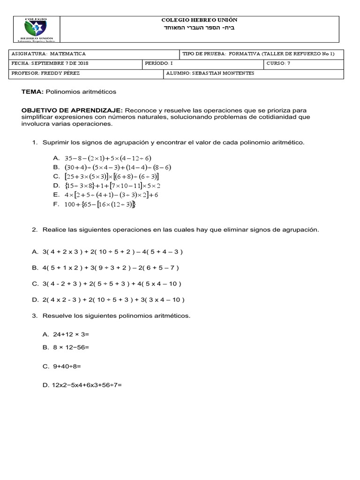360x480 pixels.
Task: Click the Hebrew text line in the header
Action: point(199,29)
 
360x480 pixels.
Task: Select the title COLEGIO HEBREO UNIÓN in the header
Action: point(199,20)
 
